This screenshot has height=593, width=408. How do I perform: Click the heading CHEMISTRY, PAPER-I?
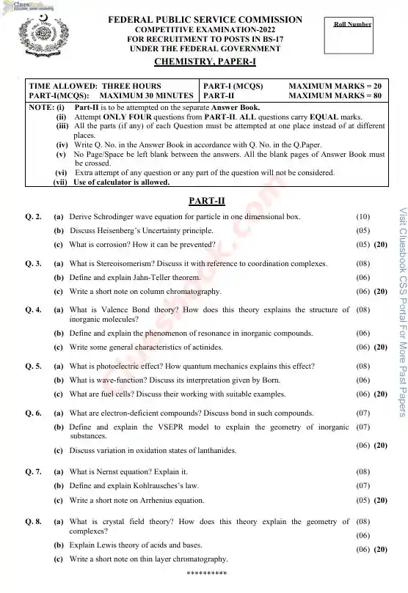coord(205,64)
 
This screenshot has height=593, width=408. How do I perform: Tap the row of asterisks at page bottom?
coord(206,572)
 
